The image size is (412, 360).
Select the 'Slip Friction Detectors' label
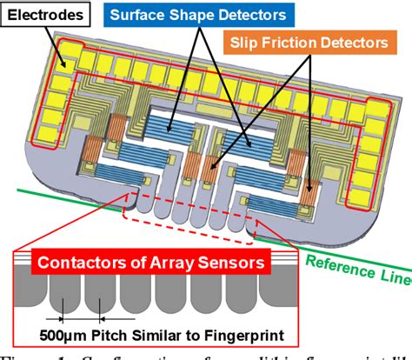(x=321, y=41)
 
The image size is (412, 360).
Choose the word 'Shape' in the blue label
(x=196, y=16)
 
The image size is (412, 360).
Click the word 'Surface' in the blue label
(x=143, y=16)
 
